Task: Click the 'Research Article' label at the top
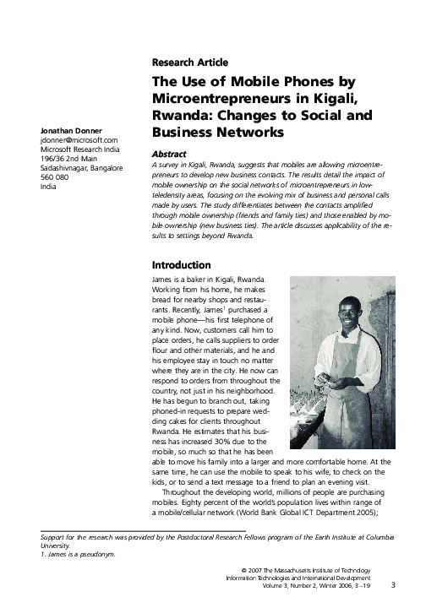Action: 189,62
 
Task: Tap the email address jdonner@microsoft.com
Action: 71,140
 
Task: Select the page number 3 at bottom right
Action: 393,584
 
